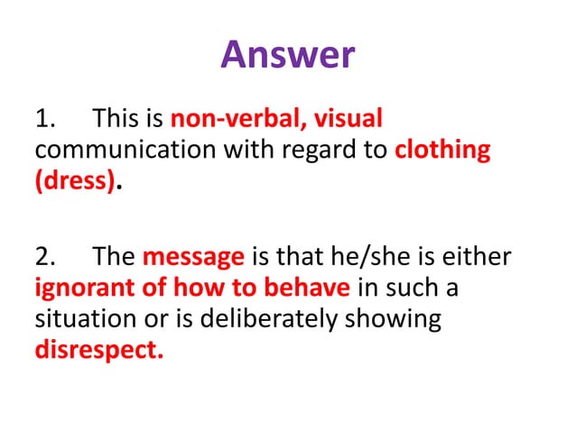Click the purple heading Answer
tap(288, 55)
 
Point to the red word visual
tap(347, 118)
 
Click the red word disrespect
tap(99, 350)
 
